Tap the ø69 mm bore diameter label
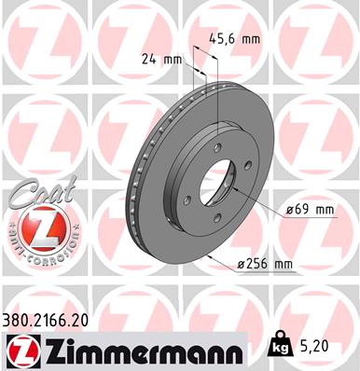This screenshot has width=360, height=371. [x=312, y=210]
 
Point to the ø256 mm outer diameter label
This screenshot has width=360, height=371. [x=266, y=265]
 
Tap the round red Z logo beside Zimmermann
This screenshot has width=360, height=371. [x=18, y=350]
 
